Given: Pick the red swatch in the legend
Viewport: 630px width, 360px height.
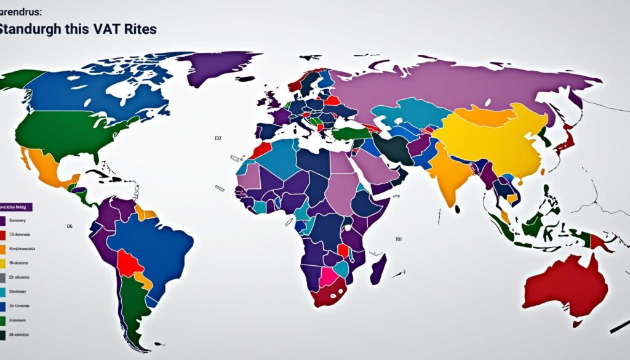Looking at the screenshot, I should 3,235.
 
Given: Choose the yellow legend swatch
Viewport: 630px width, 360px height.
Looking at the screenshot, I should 3,263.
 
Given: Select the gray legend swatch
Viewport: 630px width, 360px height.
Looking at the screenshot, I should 3,278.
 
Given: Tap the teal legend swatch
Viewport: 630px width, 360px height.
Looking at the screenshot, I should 3,292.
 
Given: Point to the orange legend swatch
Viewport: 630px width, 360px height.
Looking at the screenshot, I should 3,249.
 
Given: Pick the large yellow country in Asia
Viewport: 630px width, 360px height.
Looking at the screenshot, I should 486,138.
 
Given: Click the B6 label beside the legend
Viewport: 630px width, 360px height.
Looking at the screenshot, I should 70,226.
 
